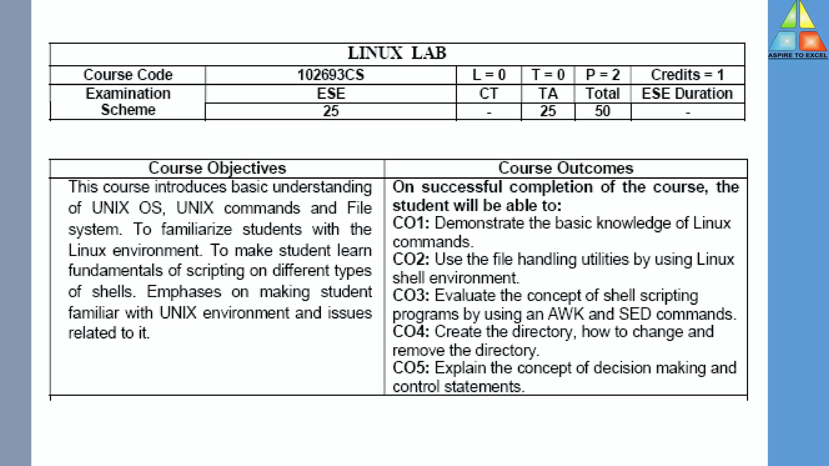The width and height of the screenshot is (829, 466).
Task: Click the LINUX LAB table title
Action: [397, 53]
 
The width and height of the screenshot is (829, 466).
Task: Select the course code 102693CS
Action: [331, 75]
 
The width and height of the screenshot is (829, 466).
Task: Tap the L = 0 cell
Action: [489, 75]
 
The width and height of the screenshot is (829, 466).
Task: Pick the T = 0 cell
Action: [548, 75]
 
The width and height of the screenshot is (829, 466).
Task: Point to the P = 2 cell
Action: [603, 75]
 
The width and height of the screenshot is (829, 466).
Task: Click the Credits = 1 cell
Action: [687, 75]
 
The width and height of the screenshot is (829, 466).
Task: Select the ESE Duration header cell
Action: [687, 93]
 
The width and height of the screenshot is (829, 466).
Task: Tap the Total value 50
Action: [603, 111]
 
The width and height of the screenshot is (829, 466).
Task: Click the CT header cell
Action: [489, 93]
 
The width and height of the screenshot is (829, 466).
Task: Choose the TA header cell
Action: [548, 93]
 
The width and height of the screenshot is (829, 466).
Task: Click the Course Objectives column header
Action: [217, 168]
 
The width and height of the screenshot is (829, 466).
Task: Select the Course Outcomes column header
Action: [565, 168]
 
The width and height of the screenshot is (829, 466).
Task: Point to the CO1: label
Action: [411, 223]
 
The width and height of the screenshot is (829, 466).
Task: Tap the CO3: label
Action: [411, 296]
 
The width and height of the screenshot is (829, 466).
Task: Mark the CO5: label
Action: [411, 368]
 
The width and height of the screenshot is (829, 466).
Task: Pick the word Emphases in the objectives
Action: [184, 292]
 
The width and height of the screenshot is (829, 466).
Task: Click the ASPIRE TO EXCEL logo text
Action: [797, 55]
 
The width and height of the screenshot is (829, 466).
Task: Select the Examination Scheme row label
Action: [128, 102]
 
